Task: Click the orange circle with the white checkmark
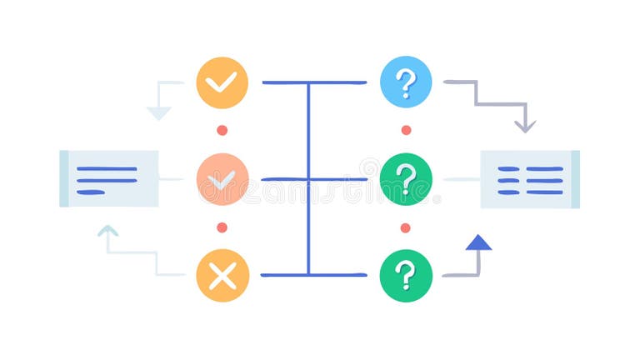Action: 222,82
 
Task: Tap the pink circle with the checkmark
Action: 222,178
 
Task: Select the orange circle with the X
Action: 222,275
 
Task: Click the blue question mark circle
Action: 406,82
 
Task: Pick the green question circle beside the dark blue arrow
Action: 406,275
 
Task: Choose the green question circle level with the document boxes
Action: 406,178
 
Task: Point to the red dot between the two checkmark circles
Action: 222,130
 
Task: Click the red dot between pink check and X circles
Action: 222,227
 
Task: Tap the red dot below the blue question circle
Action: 406,130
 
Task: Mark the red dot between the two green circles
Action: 406,227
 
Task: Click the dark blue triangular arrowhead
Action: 478,242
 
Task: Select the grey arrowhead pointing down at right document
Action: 524,126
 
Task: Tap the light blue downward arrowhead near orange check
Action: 158,112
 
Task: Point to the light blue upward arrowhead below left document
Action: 107,231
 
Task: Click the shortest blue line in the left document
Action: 91,192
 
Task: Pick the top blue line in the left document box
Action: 107,168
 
